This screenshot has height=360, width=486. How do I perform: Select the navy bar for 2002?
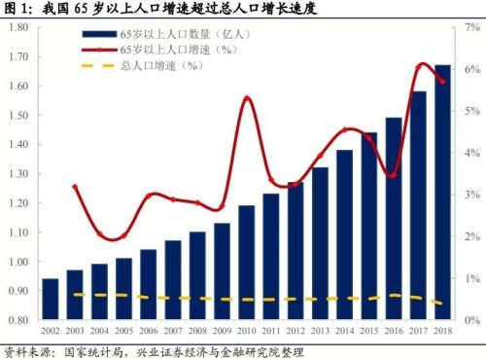click(x=51, y=300)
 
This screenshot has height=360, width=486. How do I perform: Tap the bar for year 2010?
click(x=247, y=263)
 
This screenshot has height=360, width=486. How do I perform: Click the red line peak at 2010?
click(x=247, y=98)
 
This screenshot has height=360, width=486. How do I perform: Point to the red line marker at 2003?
click(x=76, y=186)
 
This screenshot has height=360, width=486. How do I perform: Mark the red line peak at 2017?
click(x=420, y=65)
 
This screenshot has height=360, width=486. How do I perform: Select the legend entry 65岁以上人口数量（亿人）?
click(x=180, y=32)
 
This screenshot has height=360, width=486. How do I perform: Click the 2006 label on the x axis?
click(x=149, y=331)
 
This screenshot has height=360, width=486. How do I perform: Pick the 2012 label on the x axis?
click(x=295, y=331)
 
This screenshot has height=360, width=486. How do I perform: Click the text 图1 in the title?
click(x=17, y=9)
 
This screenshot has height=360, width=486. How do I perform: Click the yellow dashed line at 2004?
click(x=100, y=295)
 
